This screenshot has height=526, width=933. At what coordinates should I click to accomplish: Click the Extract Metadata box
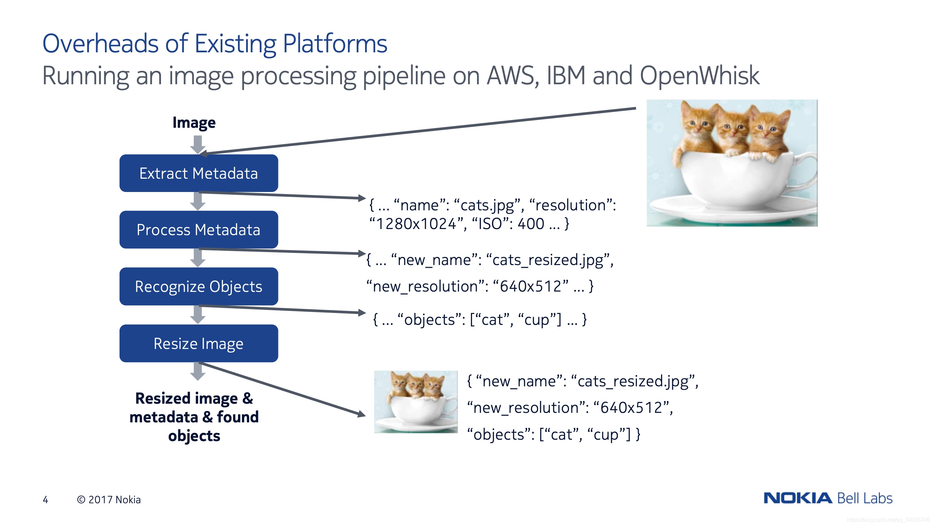(x=199, y=173)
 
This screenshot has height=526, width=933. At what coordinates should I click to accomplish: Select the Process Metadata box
(x=199, y=230)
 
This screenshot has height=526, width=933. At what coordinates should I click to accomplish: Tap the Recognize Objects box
(x=199, y=286)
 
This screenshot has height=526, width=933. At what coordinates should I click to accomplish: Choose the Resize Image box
(x=199, y=343)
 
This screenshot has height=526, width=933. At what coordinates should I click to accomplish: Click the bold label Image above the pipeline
(x=194, y=123)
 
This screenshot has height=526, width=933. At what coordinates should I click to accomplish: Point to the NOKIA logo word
(x=798, y=498)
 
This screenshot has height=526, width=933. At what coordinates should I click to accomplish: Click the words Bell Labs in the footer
(x=865, y=498)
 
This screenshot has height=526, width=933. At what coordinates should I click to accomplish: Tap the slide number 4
(x=45, y=499)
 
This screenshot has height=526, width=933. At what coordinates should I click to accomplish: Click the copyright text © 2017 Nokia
(x=109, y=499)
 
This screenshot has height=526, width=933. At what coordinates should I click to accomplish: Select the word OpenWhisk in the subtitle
(x=699, y=76)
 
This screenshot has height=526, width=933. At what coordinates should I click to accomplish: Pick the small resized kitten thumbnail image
(x=416, y=402)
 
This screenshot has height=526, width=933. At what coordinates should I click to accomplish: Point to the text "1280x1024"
(x=416, y=224)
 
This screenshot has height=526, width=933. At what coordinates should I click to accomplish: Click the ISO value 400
(x=531, y=224)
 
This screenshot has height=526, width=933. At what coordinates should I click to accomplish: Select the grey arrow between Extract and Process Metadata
(x=198, y=201)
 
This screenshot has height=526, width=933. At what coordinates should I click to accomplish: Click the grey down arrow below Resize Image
(x=198, y=371)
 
